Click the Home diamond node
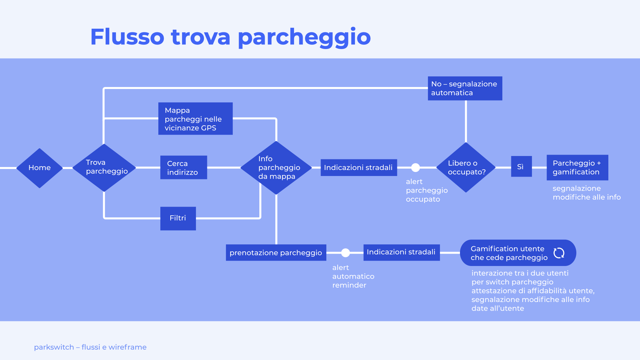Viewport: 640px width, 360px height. (39, 168)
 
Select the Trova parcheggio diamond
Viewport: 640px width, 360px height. (104, 167)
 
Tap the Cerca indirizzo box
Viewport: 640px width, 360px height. (183, 167)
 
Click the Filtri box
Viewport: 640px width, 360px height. (178, 218)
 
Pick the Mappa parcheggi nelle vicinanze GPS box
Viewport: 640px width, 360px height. (195, 119)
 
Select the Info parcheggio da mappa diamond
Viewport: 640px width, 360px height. (276, 168)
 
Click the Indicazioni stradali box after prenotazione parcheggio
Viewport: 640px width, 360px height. (401, 252)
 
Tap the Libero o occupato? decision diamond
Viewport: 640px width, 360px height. (466, 167)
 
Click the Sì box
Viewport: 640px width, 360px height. (521, 167)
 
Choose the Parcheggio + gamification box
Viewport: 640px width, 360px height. (577, 167)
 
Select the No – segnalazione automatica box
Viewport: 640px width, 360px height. (465, 88)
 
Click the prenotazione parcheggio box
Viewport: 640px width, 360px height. (276, 253)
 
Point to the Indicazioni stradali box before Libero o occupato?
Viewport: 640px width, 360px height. (359, 167)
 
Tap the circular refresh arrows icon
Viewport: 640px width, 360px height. (559, 253)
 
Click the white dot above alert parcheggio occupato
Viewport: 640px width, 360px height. (415, 167)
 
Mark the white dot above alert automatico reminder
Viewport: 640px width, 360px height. (346, 253)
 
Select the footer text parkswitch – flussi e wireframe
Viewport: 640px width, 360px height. (90, 347)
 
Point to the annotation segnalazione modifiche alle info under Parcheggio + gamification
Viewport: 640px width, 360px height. (586, 193)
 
